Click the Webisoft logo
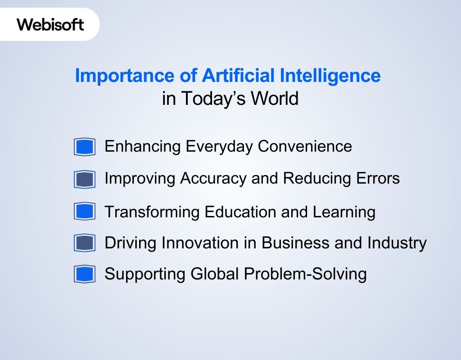click(x=50, y=24)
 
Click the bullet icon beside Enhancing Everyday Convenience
click(x=85, y=147)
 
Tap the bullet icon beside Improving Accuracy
click(x=85, y=180)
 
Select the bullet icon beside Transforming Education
click(x=85, y=211)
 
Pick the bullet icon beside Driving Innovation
click(x=85, y=243)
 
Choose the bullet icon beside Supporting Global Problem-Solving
click(x=85, y=274)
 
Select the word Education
click(x=240, y=211)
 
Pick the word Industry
click(x=397, y=243)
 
